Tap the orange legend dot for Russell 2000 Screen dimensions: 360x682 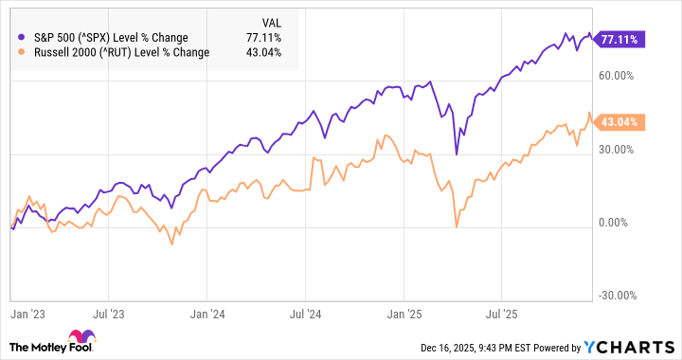coord(22,52)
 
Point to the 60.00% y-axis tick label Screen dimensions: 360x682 coord(617,76)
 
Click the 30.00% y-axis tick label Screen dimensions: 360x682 coord(617,150)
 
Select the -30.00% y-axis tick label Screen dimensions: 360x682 coord(616,295)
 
